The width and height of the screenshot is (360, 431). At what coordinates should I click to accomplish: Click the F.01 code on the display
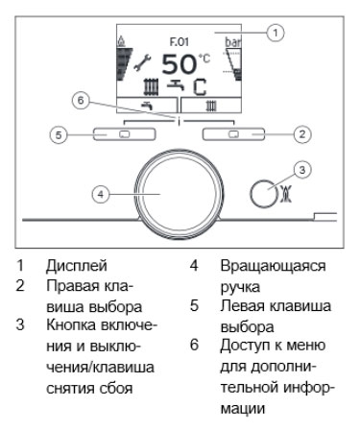(179, 41)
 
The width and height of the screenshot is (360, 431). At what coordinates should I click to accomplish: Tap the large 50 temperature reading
(179, 64)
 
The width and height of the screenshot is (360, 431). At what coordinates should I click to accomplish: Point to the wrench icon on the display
(142, 62)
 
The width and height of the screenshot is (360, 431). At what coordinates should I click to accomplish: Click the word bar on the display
(233, 42)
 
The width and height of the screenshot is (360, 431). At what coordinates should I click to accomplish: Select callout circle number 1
(276, 33)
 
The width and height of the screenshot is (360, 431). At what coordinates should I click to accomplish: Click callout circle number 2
(302, 134)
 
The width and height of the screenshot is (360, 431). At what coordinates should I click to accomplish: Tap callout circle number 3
(302, 170)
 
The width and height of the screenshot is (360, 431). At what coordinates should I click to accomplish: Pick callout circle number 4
(101, 194)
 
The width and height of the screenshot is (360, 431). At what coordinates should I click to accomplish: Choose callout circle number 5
(59, 134)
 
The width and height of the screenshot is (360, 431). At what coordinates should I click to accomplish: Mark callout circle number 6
(81, 101)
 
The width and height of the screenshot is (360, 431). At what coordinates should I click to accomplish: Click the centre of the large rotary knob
(179, 195)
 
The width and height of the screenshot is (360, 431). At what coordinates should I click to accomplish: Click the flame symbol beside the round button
(286, 195)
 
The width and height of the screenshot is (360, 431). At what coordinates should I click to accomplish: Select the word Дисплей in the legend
(77, 266)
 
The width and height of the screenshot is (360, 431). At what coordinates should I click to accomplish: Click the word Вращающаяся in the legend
(273, 267)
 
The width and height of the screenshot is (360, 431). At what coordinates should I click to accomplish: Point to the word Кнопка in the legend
(71, 325)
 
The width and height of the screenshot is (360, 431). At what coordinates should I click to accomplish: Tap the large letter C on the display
(200, 87)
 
